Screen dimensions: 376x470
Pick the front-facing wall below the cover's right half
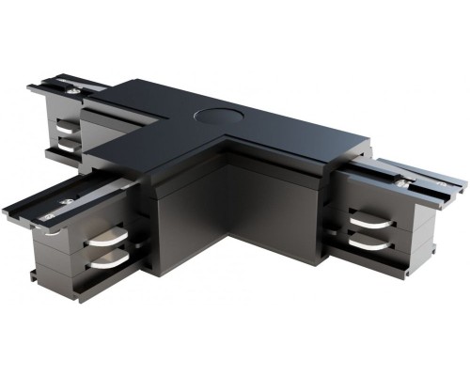(282, 207)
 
